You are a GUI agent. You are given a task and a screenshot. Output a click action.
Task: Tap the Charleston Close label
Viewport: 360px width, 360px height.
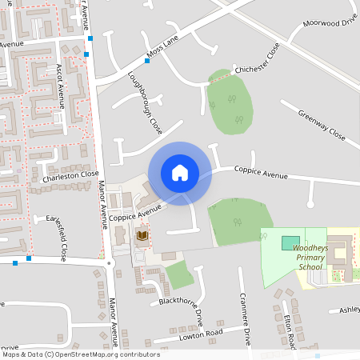tap(70, 175)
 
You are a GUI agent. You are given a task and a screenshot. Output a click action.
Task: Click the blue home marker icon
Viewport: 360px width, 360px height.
tap(180, 173)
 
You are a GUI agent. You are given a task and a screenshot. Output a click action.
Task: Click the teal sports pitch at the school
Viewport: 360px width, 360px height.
tap(290, 242)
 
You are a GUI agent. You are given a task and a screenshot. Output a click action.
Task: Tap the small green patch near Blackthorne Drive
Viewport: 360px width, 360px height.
tap(179, 275)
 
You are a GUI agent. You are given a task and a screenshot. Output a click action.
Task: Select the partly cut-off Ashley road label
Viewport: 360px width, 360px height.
tap(350, 310)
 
